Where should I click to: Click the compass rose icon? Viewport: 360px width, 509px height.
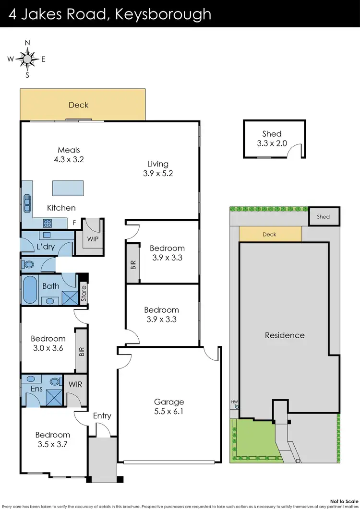click(x=27, y=59)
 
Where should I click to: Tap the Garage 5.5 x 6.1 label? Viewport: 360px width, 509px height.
click(x=168, y=406)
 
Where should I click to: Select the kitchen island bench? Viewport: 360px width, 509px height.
click(x=68, y=188)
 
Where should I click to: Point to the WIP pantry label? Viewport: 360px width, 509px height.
click(x=93, y=238)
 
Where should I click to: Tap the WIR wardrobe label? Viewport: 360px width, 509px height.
click(x=75, y=385)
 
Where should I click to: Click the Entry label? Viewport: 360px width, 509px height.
click(x=102, y=416)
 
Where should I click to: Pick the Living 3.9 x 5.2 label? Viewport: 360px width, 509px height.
click(x=157, y=168)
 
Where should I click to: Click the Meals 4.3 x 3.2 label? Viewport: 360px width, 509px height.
click(x=69, y=155)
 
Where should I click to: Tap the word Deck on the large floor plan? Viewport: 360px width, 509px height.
click(x=78, y=105)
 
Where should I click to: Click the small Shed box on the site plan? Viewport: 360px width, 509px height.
click(x=324, y=216)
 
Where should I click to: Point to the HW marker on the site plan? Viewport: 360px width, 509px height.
click(x=234, y=402)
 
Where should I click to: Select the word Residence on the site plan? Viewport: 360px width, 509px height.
click(x=285, y=335)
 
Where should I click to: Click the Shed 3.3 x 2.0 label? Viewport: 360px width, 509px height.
click(x=272, y=138)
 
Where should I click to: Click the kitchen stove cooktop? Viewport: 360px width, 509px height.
click(x=48, y=223)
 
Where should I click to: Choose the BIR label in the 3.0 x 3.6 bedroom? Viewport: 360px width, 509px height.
click(x=81, y=351)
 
